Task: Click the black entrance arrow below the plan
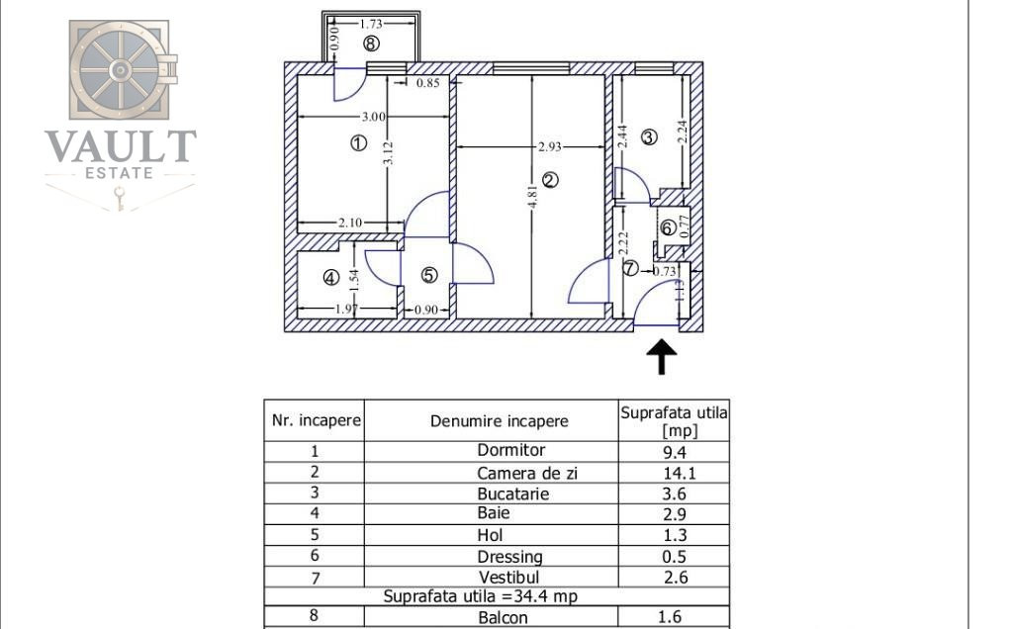(x=662, y=357)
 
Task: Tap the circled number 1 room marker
(x=358, y=142)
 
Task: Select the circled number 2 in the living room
(x=550, y=180)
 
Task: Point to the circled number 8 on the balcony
(x=371, y=44)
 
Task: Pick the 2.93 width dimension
(x=550, y=146)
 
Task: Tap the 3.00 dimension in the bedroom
(x=373, y=117)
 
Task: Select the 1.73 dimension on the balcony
(x=371, y=24)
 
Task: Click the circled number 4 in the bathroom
(x=330, y=278)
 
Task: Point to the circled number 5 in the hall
(x=429, y=275)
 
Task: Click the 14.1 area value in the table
(x=679, y=474)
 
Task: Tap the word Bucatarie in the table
(x=513, y=494)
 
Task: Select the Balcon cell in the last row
(x=503, y=617)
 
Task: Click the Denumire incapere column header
(x=500, y=421)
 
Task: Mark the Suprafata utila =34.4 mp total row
(x=480, y=595)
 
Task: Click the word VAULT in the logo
(x=120, y=146)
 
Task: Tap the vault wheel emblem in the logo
(x=120, y=70)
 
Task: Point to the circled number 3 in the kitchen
(x=649, y=136)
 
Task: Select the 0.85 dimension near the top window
(x=427, y=83)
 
